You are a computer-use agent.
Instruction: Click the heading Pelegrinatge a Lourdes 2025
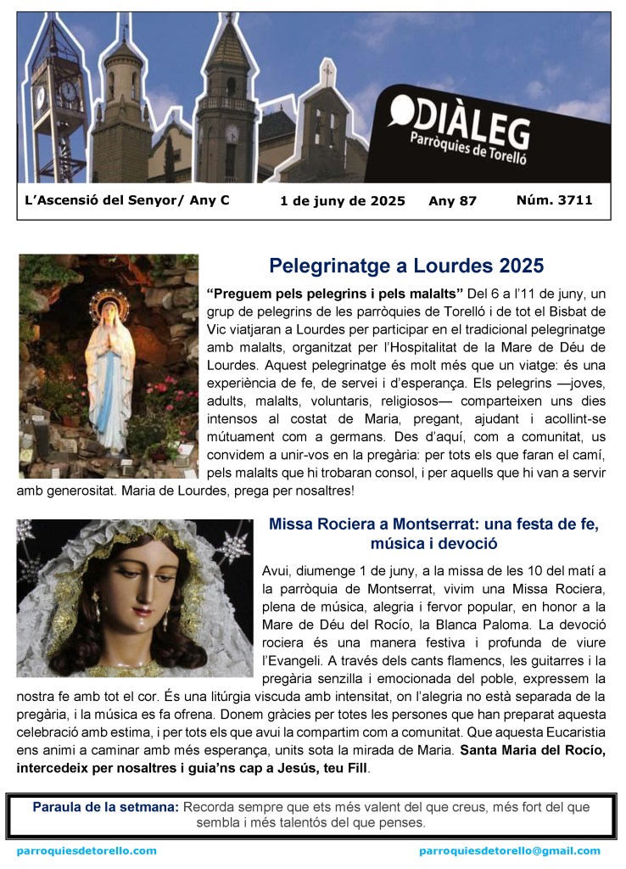(x=406, y=266)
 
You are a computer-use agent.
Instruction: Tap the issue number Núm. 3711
(x=554, y=200)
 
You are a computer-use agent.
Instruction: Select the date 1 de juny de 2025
(x=342, y=201)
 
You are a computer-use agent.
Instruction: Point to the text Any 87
(x=453, y=201)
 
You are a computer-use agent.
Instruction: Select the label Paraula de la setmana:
(x=106, y=807)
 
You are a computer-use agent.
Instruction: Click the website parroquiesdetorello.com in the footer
(x=87, y=850)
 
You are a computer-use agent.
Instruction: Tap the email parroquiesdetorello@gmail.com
(x=509, y=850)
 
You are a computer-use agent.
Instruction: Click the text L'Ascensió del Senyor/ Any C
(x=127, y=201)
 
